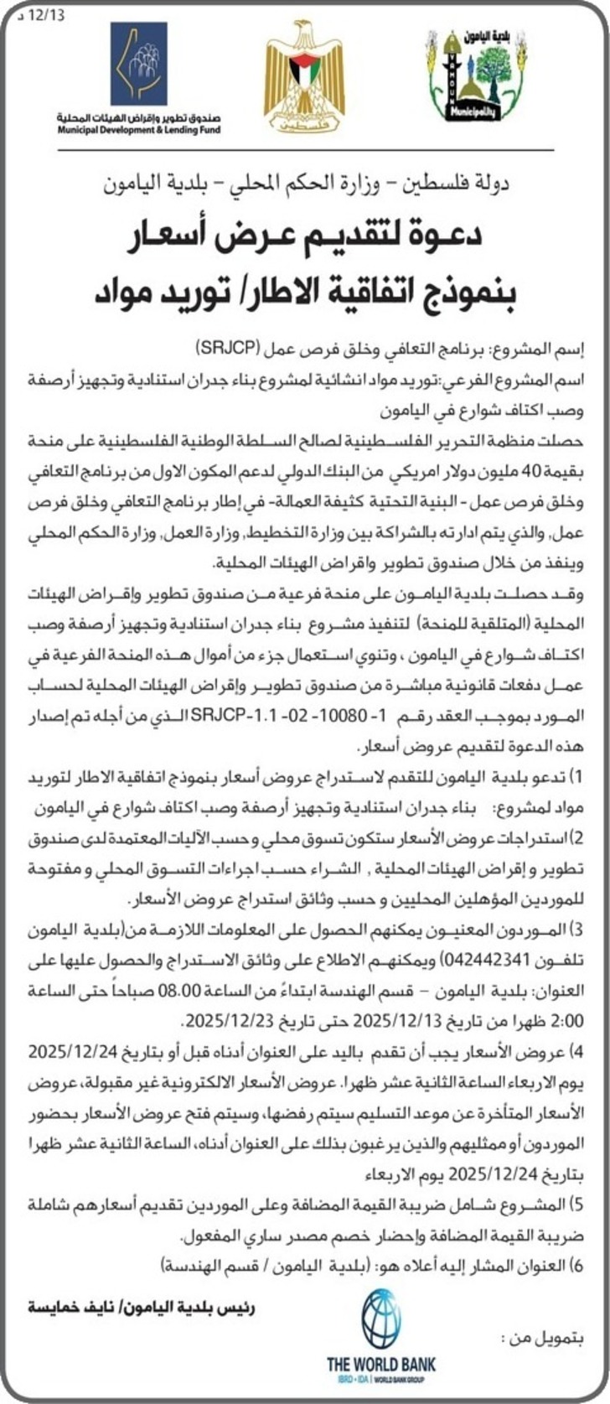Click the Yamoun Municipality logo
[x=475, y=76]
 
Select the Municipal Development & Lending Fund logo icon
[x=139, y=65]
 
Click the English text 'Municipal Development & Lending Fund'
[x=139, y=132]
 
